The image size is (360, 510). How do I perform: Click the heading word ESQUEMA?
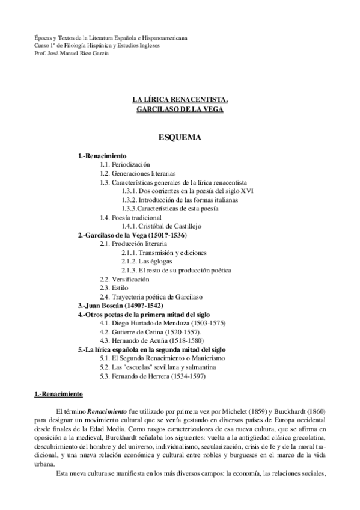click(x=180, y=138)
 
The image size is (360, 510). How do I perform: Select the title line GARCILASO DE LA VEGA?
click(x=180, y=111)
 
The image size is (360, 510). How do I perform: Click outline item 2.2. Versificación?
click(x=124, y=279)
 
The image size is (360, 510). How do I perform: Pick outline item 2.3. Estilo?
click(x=114, y=288)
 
